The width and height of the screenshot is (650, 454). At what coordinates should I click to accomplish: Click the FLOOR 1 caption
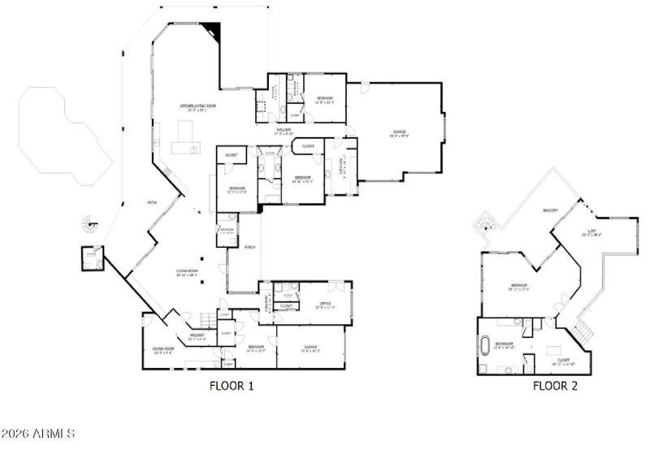[x=232, y=387]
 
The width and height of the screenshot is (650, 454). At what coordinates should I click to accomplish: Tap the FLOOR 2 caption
[x=555, y=387]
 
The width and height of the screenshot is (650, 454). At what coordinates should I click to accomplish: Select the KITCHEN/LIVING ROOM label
[x=197, y=106]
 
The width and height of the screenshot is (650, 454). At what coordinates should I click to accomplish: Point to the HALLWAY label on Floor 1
[x=284, y=131]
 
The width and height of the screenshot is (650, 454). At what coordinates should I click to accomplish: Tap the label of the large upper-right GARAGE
[x=399, y=132]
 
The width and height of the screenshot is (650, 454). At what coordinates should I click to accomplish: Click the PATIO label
[x=151, y=202]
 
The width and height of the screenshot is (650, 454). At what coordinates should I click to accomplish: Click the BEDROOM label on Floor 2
[x=518, y=285]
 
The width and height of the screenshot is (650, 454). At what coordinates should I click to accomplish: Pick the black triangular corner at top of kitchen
[x=214, y=30]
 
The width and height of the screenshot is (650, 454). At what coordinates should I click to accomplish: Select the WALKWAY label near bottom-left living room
[x=196, y=335]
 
